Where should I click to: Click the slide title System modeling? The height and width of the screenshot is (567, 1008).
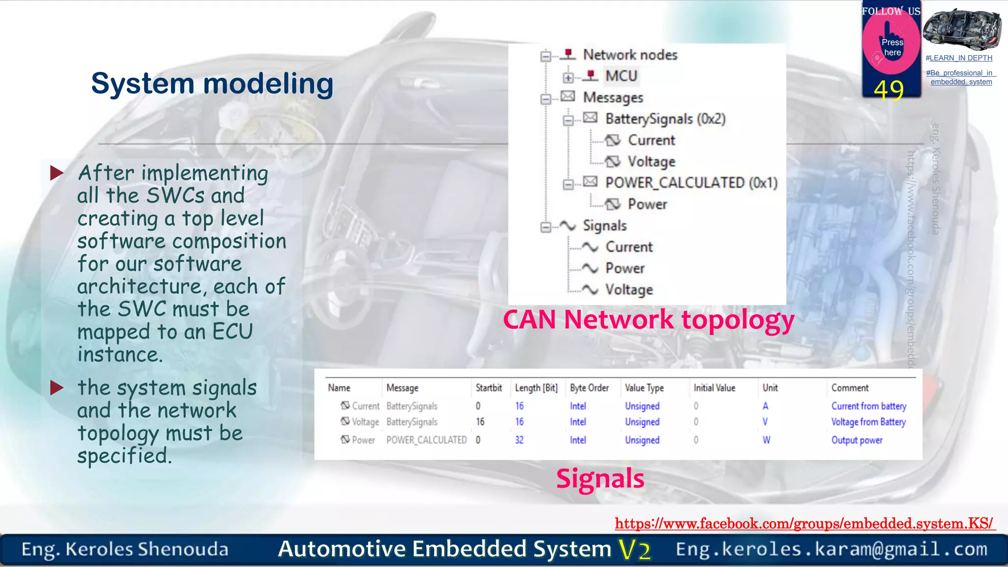tap(212, 84)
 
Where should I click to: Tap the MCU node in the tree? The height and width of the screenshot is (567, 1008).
tap(621, 76)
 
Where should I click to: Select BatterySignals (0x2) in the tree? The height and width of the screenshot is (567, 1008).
tap(665, 119)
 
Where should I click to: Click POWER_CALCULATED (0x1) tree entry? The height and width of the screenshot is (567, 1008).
tap(691, 183)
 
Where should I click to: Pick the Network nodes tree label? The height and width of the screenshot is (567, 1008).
tap(630, 55)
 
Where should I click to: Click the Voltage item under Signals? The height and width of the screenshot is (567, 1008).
tap(629, 290)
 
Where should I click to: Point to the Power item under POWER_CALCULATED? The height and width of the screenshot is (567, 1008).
tap(647, 204)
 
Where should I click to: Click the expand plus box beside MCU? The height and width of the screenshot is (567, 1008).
tap(568, 78)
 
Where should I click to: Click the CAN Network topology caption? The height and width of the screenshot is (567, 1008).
tap(648, 320)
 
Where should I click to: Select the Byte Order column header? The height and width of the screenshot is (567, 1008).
tap(589, 388)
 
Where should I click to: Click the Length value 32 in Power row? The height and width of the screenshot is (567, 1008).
tap(519, 440)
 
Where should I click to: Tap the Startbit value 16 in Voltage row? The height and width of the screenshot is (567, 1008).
tap(480, 422)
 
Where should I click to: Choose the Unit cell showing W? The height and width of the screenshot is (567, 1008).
tap(766, 440)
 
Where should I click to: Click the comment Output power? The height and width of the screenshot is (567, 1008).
tap(856, 440)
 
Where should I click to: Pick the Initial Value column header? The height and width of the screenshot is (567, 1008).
tap(714, 388)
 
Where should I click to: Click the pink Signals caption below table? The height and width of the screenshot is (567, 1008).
tap(600, 478)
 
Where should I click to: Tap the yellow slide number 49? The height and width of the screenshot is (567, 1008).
tap(888, 91)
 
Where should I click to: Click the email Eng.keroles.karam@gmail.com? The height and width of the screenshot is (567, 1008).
tap(831, 549)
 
